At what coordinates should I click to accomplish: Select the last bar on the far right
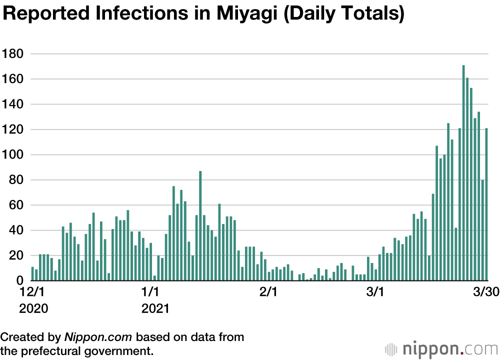486,204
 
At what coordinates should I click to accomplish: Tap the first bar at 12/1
32,274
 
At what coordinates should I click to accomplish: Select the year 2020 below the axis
34,308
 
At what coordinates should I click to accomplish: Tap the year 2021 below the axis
155,308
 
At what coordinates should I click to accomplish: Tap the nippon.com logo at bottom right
440,348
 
